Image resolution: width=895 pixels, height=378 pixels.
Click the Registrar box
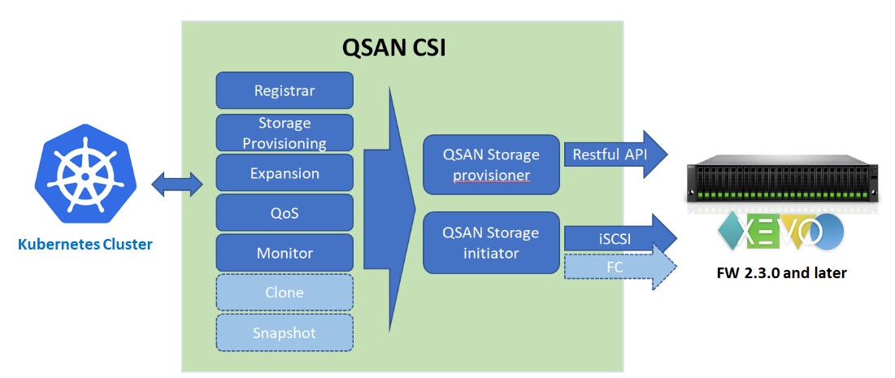(285, 90)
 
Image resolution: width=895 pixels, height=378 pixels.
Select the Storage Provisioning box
(285, 133)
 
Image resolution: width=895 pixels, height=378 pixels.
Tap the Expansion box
(285, 173)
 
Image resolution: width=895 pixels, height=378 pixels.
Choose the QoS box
(285, 213)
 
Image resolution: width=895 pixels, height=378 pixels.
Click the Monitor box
(285, 253)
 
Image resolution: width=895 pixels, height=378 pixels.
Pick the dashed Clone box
(285, 293)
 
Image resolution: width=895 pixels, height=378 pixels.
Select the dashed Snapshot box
(285, 333)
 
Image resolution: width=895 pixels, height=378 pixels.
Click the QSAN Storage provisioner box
(491, 164)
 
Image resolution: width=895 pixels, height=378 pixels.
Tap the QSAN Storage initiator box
(491, 242)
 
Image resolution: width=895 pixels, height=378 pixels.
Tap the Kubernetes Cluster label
(85, 244)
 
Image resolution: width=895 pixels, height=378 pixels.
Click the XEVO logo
(780, 232)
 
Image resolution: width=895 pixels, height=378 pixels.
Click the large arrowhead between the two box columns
(390, 195)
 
